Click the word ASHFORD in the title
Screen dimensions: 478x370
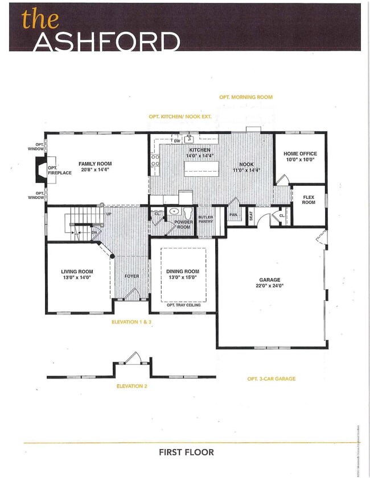(106, 41)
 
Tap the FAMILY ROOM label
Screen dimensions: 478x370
(95, 164)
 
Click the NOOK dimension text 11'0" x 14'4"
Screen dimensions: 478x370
(246, 171)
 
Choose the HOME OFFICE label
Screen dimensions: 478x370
(300, 154)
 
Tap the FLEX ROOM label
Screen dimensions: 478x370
(308, 199)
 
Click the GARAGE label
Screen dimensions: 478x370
(270, 280)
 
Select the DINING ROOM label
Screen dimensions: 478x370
(183, 271)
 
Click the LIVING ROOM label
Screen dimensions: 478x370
(77, 272)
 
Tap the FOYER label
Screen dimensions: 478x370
(131, 276)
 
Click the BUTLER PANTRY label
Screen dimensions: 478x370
(205, 219)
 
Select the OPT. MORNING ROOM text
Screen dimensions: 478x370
(246, 97)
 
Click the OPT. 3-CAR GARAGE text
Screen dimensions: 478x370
(271, 379)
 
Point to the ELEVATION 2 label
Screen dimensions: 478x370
(132, 386)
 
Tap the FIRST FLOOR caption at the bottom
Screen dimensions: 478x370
(186, 452)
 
